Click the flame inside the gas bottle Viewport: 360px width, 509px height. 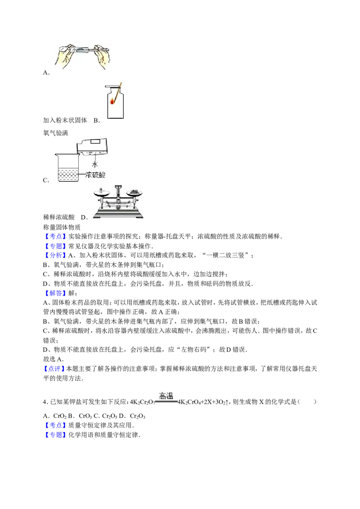[x=112, y=101]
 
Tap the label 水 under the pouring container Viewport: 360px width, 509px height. [x=94, y=165]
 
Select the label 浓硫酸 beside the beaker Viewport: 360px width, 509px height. [x=95, y=175]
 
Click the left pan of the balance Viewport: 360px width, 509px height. [x=101, y=193]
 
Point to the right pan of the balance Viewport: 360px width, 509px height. [x=134, y=193]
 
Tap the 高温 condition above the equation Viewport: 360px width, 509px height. [x=166, y=396]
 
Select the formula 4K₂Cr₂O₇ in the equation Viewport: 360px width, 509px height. [x=143, y=402]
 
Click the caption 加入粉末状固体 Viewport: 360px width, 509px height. [x=65, y=120]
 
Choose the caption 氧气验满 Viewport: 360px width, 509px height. [x=55, y=133]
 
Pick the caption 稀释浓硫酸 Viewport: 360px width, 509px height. [x=59, y=217]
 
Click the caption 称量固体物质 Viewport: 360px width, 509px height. [x=62, y=227]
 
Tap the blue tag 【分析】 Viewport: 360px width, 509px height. [x=55, y=255]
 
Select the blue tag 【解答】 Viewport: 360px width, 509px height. [x=55, y=293]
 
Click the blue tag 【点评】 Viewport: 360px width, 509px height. [x=54, y=369]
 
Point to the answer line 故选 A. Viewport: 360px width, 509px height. [x=53, y=359]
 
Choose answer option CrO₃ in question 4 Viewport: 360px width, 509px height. [x=85, y=416]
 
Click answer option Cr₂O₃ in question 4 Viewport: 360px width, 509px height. [x=137, y=416]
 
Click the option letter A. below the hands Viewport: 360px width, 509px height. [x=46, y=73]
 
